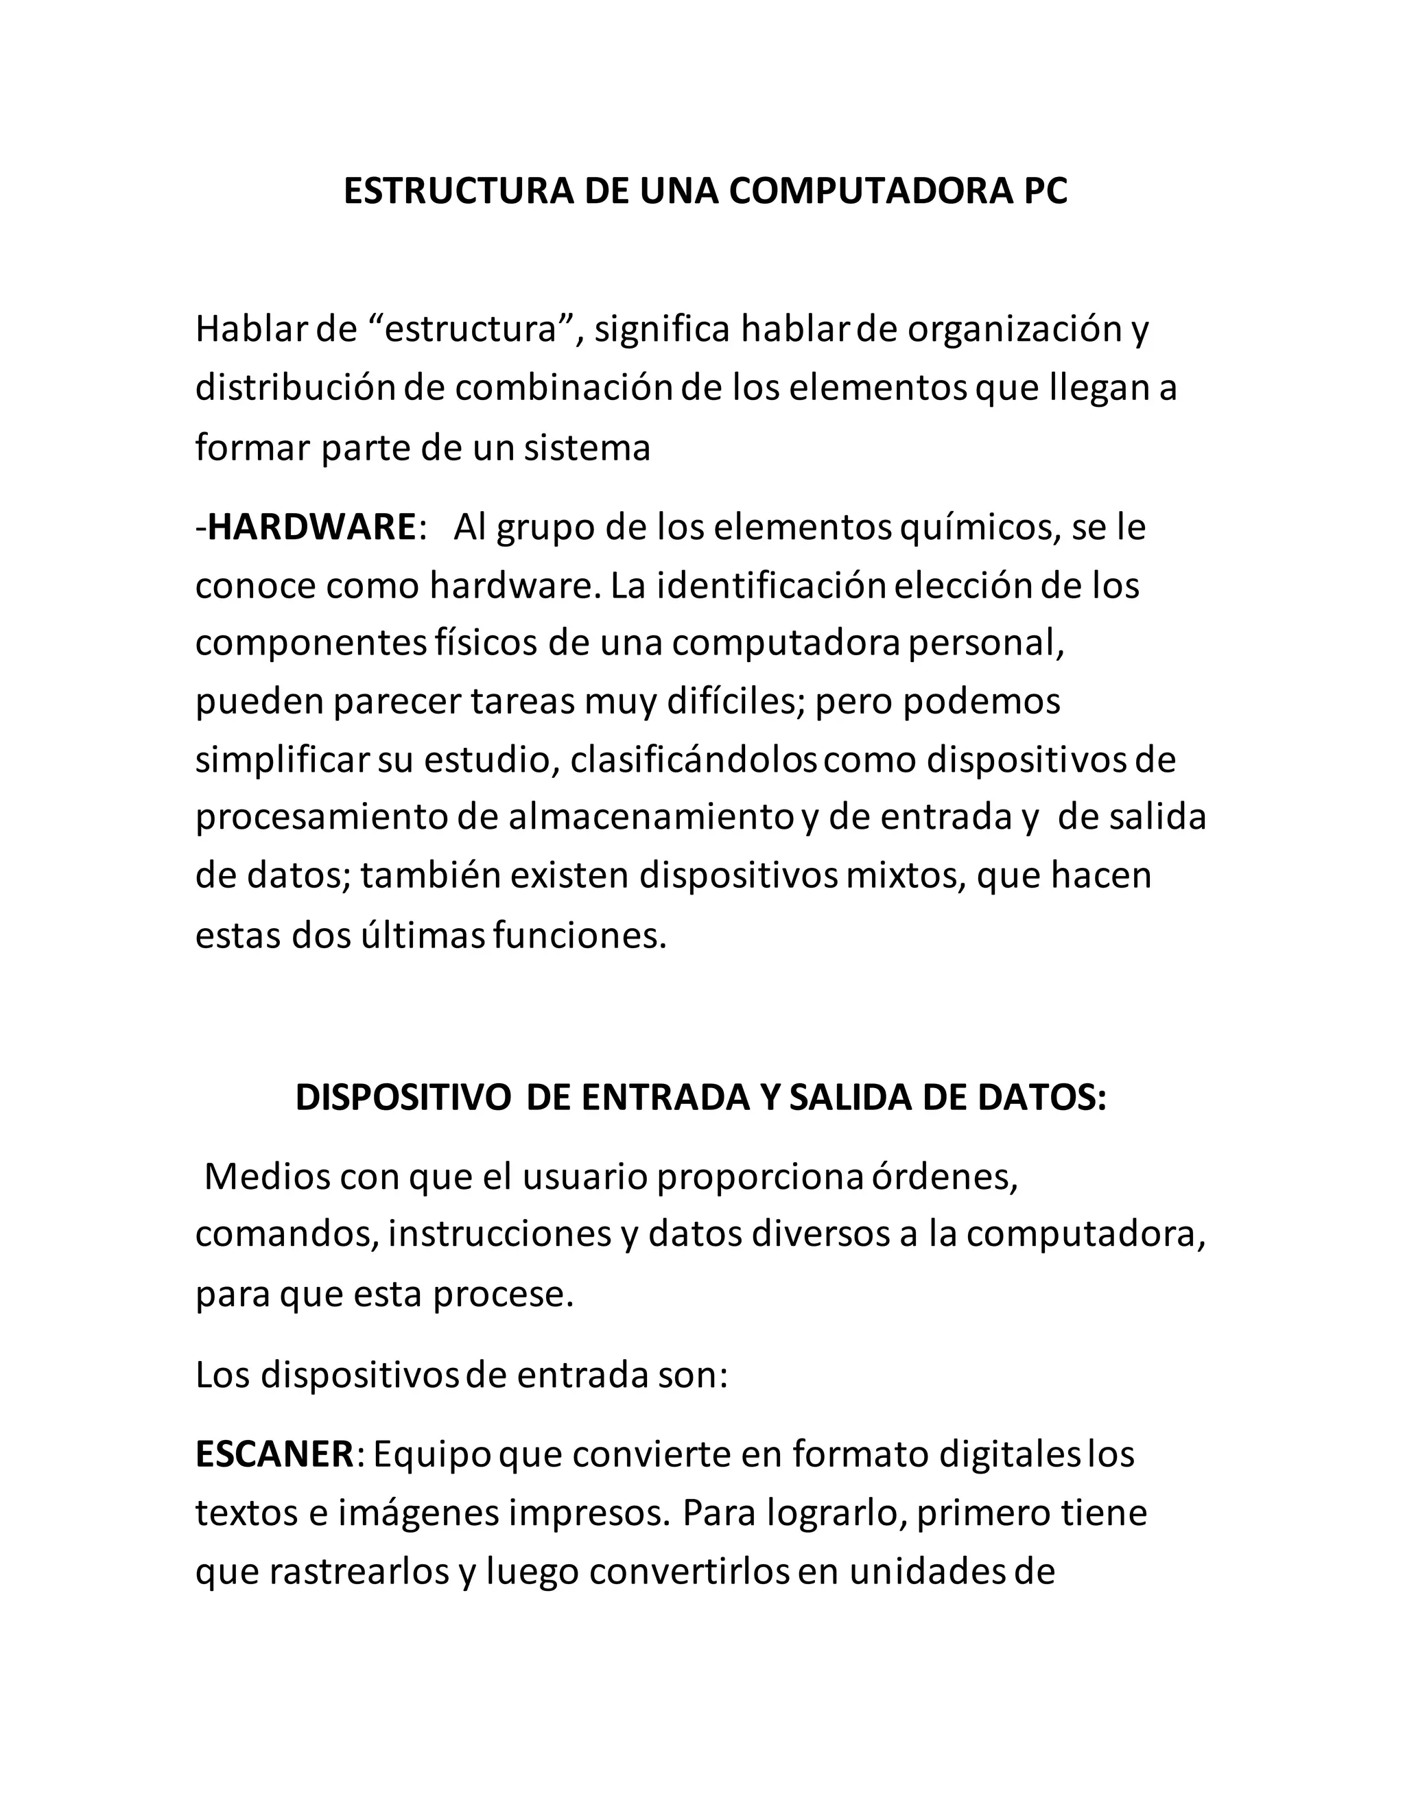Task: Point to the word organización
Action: (x=1015, y=329)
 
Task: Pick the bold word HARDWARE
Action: (x=311, y=527)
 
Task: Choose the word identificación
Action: (x=772, y=586)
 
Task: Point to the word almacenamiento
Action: (x=652, y=818)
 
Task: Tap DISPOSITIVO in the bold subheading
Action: (x=403, y=1098)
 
